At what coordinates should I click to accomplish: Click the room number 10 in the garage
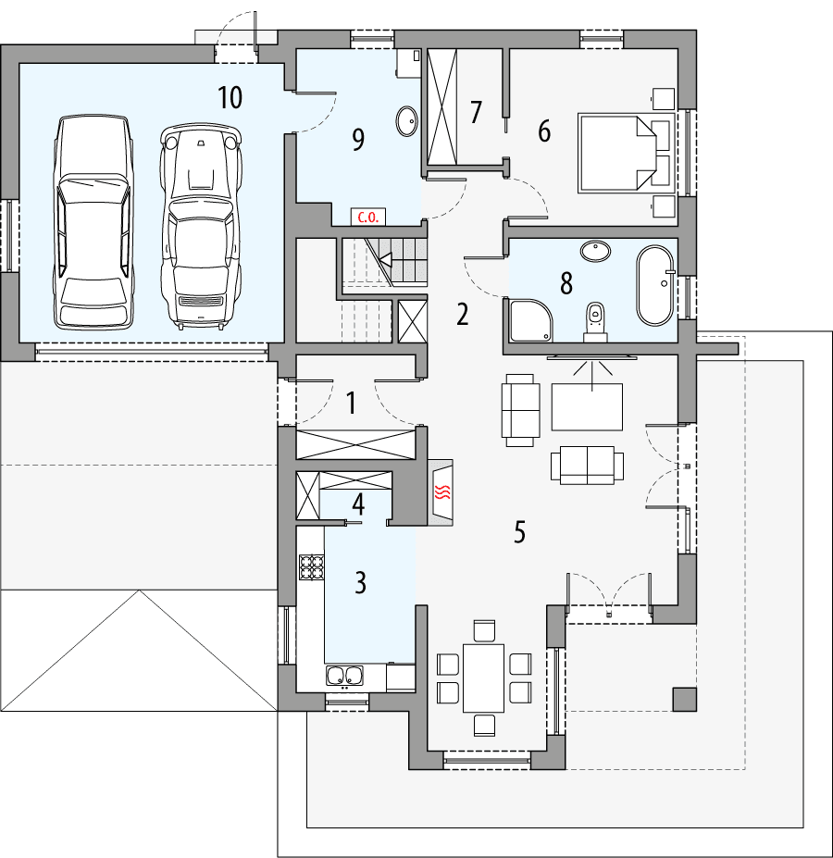(x=230, y=96)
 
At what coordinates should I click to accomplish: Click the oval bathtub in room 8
(x=654, y=285)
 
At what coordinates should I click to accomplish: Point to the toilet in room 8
(x=595, y=321)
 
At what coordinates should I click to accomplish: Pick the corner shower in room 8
(x=529, y=317)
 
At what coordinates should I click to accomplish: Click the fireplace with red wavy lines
(x=442, y=491)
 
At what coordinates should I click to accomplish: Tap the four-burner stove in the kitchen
(x=311, y=566)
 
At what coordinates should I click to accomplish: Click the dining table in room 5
(x=483, y=678)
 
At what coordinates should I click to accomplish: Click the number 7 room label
(x=476, y=112)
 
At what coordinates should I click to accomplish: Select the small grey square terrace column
(x=684, y=699)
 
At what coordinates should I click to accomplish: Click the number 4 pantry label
(x=358, y=505)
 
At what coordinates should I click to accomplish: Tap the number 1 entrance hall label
(x=351, y=403)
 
